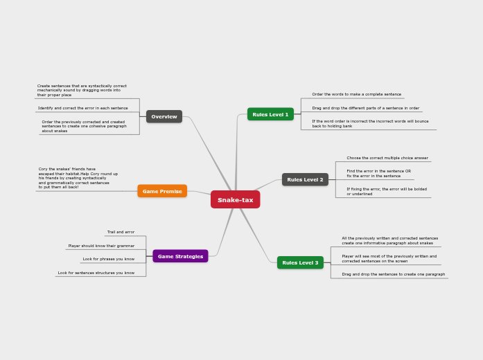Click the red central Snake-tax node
235,200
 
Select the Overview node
164,116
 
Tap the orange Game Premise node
162,191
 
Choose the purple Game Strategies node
180,256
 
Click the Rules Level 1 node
270,114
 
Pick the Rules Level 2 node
305,179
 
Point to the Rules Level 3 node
300,262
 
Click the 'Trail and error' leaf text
121,232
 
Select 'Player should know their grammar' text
101,246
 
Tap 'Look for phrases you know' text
108,259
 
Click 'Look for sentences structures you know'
96,273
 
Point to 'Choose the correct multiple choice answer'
387,158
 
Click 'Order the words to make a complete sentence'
356,94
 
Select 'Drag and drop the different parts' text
365,108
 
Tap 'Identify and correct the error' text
82,108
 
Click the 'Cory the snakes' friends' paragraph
78,178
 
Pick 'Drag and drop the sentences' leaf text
393,274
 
